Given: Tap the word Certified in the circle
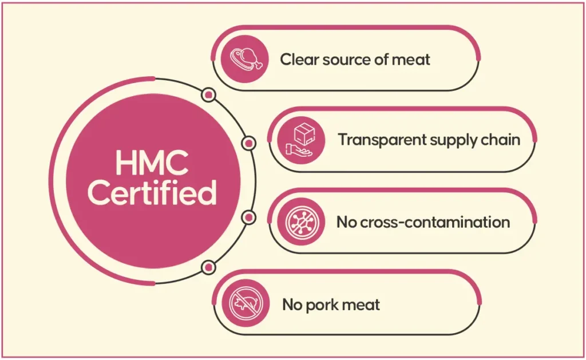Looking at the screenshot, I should (x=152, y=193).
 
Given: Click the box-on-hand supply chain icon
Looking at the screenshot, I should (x=302, y=139).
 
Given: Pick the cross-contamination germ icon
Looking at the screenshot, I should (x=302, y=221).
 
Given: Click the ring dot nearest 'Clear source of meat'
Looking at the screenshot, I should (x=209, y=94).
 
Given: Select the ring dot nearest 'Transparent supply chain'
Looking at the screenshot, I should (x=249, y=143).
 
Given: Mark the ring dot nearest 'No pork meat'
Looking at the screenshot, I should (x=209, y=266).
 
